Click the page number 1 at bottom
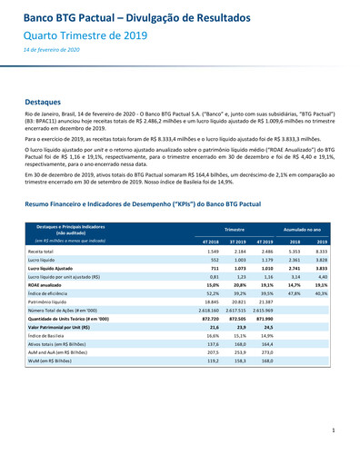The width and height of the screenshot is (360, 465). pyautogui.click(x=334, y=430)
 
